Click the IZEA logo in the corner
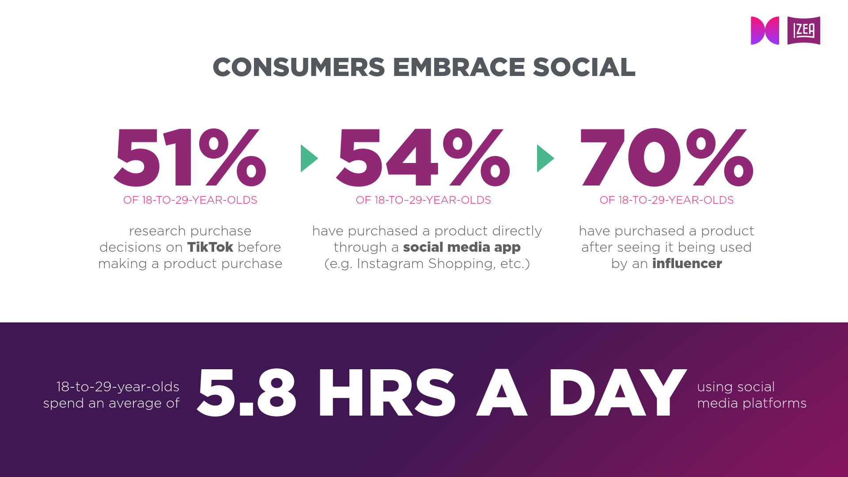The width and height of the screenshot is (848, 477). (x=803, y=30)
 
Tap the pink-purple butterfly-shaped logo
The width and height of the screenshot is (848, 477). (x=765, y=30)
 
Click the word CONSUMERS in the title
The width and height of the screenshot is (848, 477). (x=299, y=67)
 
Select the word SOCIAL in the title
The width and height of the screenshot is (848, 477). (x=584, y=67)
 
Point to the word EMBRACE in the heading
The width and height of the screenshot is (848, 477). (x=458, y=67)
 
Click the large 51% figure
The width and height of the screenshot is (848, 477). (x=190, y=157)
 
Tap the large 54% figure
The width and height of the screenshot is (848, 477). (x=423, y=157)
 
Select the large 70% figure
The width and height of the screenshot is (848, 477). (x=666, y=157)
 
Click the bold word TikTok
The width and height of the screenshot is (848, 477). (x=210, y=247)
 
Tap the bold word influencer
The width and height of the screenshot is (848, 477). (x=687, y=263)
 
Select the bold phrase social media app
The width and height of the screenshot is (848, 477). (x=462, y=247)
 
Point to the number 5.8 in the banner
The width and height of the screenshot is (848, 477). (x=246, y=392)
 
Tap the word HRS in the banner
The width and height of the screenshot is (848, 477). (x=386, y=392)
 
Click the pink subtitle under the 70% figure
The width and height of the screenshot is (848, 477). (x=666, y=200)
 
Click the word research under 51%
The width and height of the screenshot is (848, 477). (x=157, y=231)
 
